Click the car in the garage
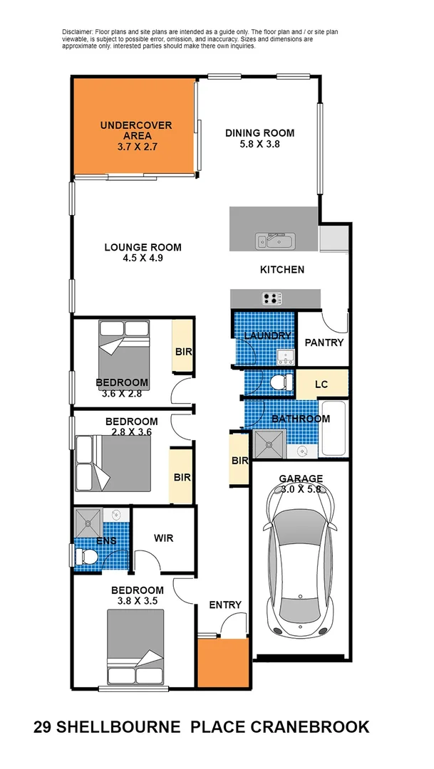pos(300,559)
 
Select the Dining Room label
pos(259,132)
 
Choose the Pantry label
pos(324,342)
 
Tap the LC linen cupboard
pos(321,384)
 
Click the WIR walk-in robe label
pos(164,538)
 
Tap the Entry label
pos(224,605)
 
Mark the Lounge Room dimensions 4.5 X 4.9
pos(143,258)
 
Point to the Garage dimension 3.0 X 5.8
pos(301,489)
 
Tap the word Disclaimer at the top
pos(78,32)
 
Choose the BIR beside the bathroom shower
pos(239,461)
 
